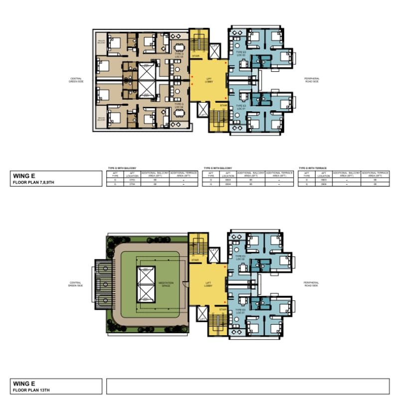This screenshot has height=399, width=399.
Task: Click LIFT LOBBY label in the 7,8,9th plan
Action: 209,81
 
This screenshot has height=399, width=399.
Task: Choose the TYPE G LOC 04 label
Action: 179,106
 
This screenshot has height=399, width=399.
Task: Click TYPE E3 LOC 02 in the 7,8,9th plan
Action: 241,53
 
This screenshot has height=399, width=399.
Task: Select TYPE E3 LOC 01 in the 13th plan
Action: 241,312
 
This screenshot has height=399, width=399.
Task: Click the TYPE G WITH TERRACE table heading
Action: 312,169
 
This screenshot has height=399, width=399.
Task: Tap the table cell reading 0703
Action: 132,180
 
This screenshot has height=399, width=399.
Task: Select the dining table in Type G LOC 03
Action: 179,48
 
